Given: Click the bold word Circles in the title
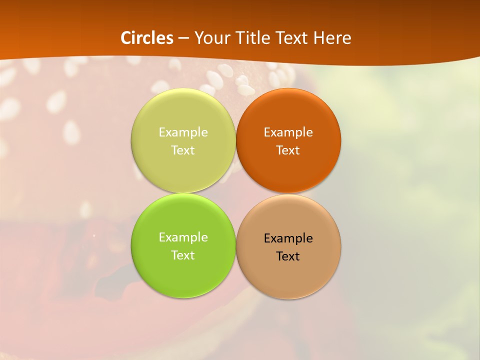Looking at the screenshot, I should pyautogui.click(x=147, y=38).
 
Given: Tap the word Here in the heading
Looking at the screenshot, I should pyautogui.click(x=332, y=38).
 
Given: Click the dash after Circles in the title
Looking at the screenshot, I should pyautogui.click(x=183, y=38).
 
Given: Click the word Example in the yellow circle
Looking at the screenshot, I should pyautogui.click(x=183, y=132).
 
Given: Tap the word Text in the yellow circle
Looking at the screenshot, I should pyautogui.click(x=183, y=150).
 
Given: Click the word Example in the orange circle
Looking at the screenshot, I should pyautogui.click(x=288, y=132).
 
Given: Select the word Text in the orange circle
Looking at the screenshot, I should pyautogui.click(x=288, y=150).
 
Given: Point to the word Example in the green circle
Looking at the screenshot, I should pyautogui.click(x=183, y=237).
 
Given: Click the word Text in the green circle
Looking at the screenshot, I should pyautogui.click(x=183, y=255).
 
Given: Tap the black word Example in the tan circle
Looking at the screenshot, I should pyautogui.click(x=288, y=238).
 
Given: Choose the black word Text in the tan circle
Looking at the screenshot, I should pyautogui.click(x=288, y=256).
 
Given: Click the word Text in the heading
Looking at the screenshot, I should pyautogui.click(x=292, y=38).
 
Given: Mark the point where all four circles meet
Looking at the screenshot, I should pyautogui.click(x=235, y=193).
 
